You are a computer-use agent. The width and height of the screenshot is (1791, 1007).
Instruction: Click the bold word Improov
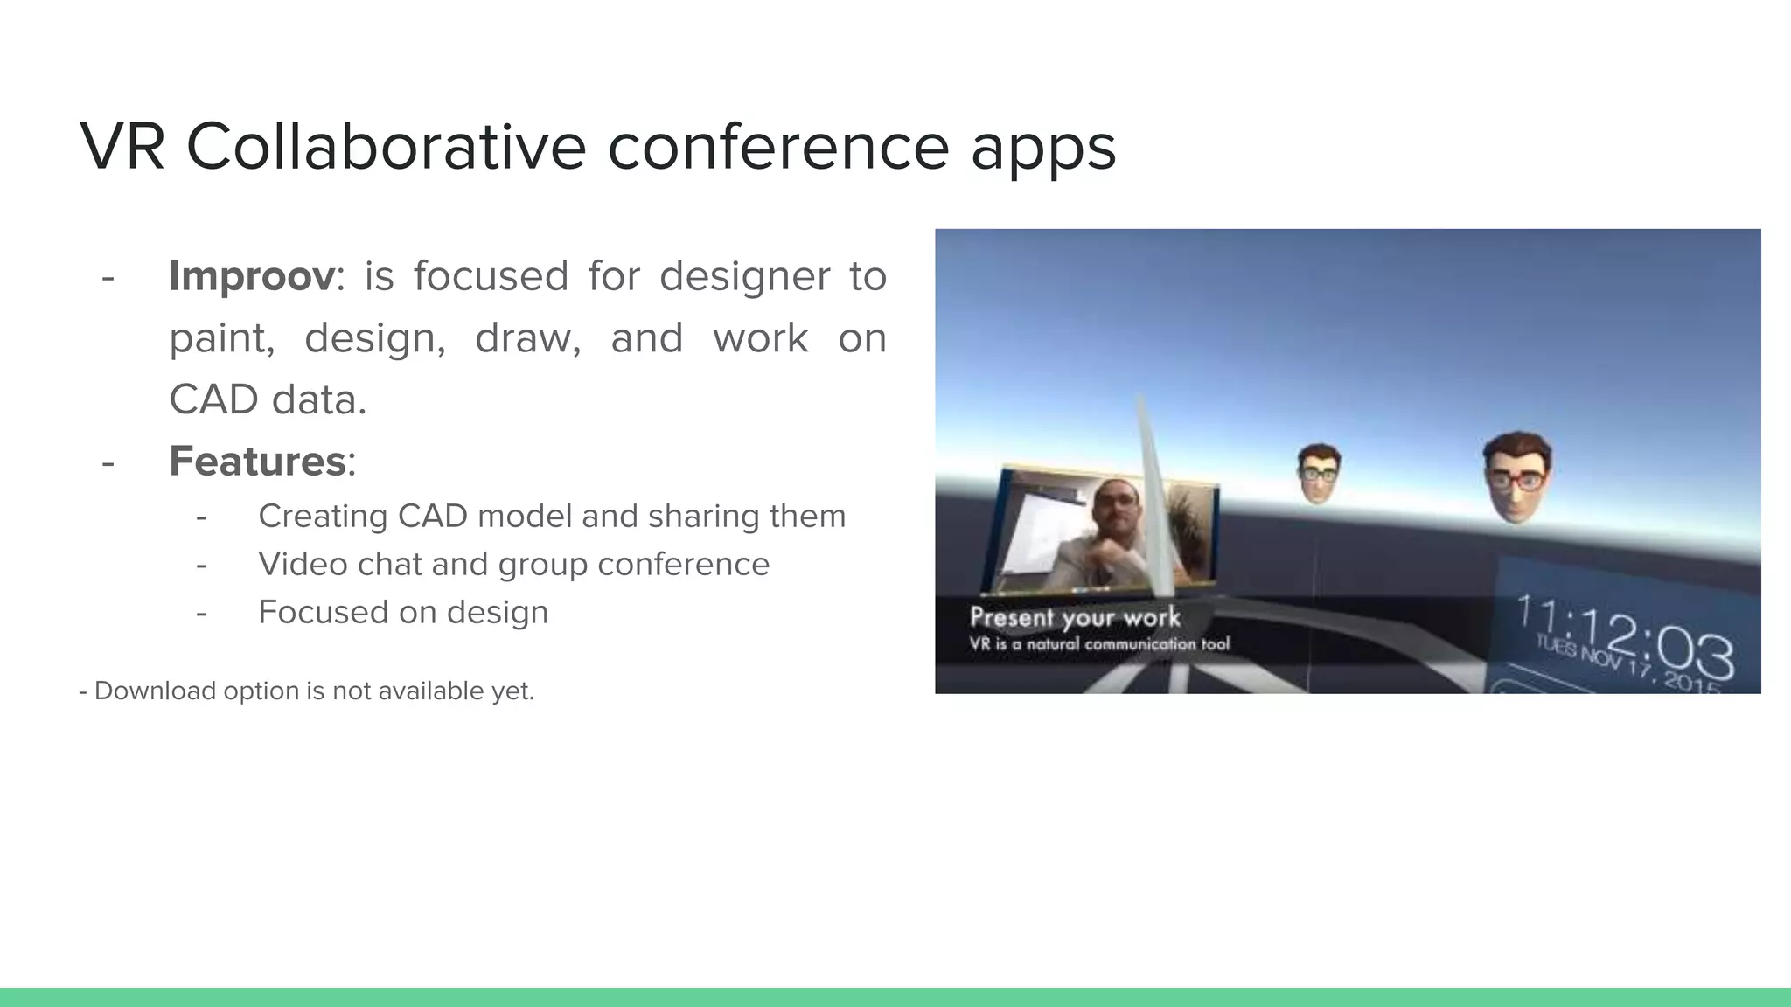click(251, 276)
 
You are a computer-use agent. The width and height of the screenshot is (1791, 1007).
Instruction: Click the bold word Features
click(257, 461)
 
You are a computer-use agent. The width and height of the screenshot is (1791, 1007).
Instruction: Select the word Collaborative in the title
click(386, 146)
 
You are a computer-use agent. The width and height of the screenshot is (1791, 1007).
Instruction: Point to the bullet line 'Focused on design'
click(402, 612)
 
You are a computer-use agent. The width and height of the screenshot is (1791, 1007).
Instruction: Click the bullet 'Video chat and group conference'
click(513, 564)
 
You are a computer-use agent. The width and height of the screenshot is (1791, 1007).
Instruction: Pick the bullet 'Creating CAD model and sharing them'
click(551, 516)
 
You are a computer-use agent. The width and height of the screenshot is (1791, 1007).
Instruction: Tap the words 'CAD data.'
click(267, 399)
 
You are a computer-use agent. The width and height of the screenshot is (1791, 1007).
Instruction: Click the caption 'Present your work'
click(1075, 617)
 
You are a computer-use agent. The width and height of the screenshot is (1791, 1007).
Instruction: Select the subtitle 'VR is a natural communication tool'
click(1098, 644)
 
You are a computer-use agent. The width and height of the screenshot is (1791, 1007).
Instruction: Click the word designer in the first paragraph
click(744, 276)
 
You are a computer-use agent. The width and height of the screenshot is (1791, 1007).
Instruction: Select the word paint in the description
click(221, 338)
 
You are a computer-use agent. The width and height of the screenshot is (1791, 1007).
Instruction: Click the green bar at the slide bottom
click(895, 997)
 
